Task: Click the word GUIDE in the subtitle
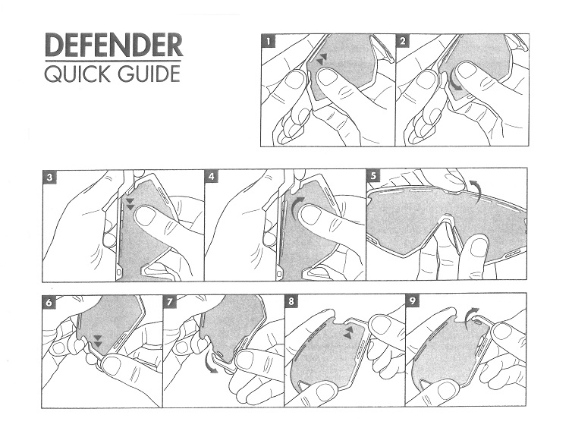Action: pyautogui.click(x=149, y=74)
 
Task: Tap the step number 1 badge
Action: pyautogui.click(x=269, y=41)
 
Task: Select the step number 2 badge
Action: pyautogui.click(x=403, y=41)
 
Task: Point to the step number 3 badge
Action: pyautogui.click(x=49, y=178)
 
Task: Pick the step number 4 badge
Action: pyautogui.click(x=212, y=178)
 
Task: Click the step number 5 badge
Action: pyautogui.click(x=373, y=176)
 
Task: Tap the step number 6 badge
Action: pyautogui.click(x=49, y=302)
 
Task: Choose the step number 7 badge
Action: pyautogui.click(x=170, y=302)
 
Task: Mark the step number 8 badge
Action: pyautogui.click(x=291, y=302)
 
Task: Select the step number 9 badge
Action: pyautogui.click(x=413, y=302)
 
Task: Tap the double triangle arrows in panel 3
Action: pyautogui.click(x=130, y=204)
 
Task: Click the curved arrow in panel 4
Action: pyautogui.click(x=296, y=208)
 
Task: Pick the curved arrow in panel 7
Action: pyautogui.click(x=209, y=363)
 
